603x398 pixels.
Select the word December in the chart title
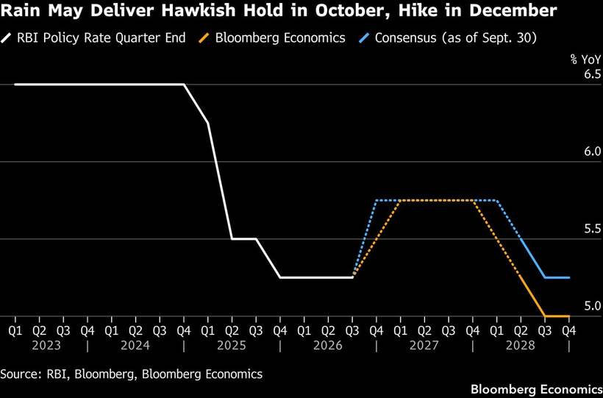517,10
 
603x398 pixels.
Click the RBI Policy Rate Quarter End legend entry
93,38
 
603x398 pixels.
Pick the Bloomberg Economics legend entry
271,38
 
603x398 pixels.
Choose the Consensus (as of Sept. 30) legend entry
447,38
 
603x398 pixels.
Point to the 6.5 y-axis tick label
592,74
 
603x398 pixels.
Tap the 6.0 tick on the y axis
592,152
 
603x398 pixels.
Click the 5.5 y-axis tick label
592,229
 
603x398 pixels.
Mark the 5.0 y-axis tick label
592,306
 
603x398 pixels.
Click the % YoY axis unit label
585,60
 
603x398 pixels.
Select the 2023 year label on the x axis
46,345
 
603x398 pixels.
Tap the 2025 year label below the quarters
232,345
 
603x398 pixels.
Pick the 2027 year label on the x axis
424,345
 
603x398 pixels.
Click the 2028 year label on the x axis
521,345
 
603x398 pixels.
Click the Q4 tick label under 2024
184,330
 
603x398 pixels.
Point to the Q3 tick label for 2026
352,330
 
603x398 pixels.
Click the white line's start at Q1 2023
15,85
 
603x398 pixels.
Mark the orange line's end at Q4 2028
568,316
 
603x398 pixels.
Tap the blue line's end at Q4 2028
568,277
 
